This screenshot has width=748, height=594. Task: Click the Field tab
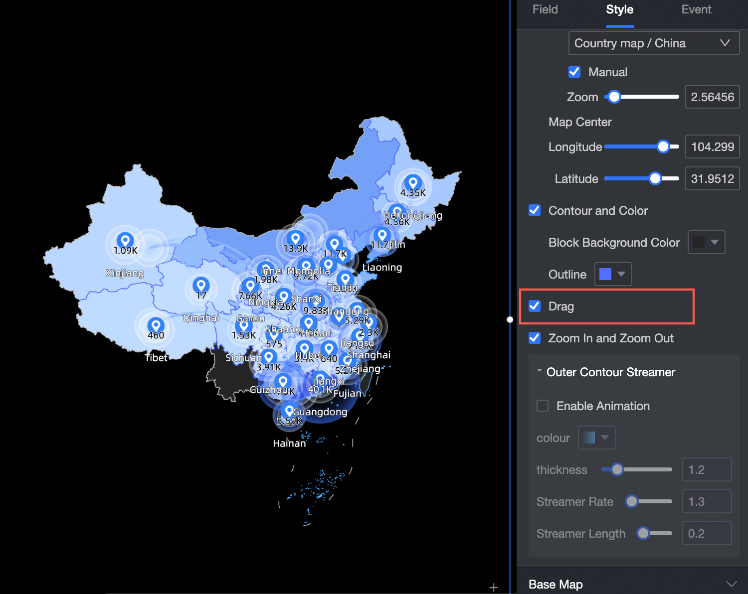[x=545, y=9]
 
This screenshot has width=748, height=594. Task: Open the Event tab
[x=696, y=9]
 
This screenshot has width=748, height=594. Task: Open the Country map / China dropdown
[x=653, y=43]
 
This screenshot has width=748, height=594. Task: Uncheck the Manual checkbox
[x=574, y=72]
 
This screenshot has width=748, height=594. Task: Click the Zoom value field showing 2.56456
[x=712, y=97]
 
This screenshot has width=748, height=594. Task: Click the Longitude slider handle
[x=663, y=147]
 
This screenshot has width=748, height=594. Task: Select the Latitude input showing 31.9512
[x=712, y=178]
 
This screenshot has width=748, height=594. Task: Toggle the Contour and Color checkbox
[x=535, y=210]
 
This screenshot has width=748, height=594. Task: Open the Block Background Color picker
[x=706, y=242]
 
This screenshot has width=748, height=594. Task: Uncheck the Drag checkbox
[x=535, y=306]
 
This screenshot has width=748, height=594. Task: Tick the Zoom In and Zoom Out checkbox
[x=535, y=338]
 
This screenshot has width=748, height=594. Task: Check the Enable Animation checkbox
[x=543, y=406]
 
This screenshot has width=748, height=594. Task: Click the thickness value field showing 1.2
[x=706, y=469]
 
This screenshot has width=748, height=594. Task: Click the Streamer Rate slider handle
[x=632, y=501]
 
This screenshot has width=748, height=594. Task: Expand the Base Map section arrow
[x=731, y=584]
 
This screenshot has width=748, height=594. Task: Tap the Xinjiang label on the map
[x=125, y=273]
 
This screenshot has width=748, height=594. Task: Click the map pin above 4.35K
[x=412, y=182]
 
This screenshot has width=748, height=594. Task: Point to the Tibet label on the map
[x=156, y=358]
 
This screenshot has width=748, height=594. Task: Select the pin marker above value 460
[x=156, y=325]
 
